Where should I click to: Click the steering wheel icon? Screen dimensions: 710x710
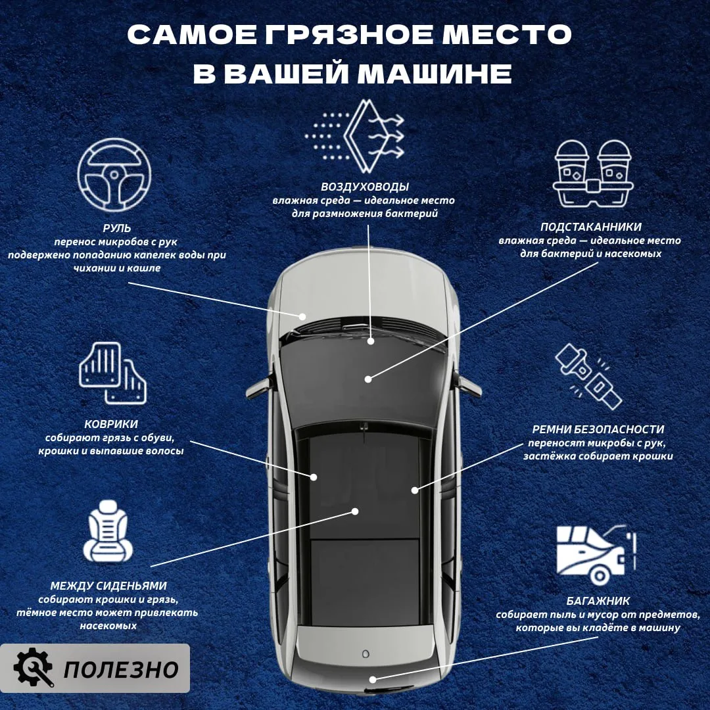tap(114, 175)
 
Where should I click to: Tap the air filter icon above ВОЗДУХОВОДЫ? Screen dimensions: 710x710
tap(355, 136)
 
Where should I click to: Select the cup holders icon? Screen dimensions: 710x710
tap(593, 174)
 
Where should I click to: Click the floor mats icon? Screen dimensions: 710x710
tap(113, 373)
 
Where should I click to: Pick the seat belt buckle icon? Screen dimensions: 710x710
tap(589, 377)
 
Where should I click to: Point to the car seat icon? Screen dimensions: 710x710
tap(108, 531)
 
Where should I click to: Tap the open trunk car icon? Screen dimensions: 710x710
tap(596, 555)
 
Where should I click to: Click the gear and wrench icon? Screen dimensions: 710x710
tap(33, 668)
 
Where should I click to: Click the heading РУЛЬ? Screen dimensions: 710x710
tap(117, 228)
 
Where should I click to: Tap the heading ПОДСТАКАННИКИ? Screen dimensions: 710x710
tap(591, 227)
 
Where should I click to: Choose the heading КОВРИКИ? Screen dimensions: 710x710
tap(111, 424)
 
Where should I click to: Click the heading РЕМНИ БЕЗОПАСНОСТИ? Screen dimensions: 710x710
tap(598, 429)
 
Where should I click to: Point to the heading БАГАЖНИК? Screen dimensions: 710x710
tap(598, 601)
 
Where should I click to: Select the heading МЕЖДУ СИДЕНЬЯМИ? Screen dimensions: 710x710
tap(108, 586)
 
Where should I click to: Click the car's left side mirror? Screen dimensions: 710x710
tap(257, 388)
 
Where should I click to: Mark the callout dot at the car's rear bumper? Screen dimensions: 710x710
tap(373, 679)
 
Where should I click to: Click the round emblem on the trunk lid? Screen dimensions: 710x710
tap(366, 654)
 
